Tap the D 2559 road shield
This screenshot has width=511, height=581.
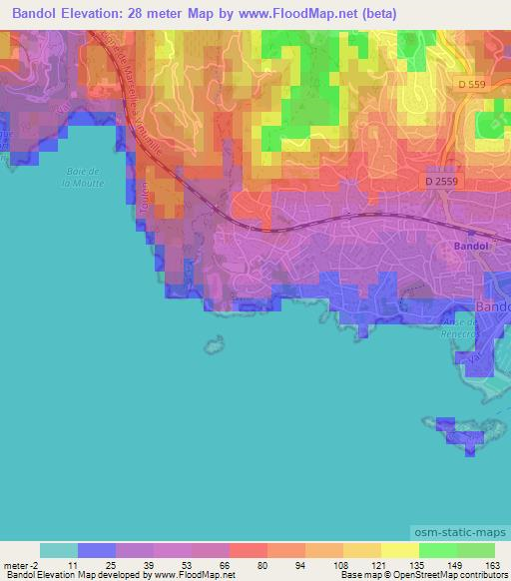click(441, 183)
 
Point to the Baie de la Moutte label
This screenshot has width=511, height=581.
click(79, 177)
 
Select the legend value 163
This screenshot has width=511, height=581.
click(495, 565)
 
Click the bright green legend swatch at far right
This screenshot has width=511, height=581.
click(475, 550)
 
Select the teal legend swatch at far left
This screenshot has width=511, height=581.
click(59, 550)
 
